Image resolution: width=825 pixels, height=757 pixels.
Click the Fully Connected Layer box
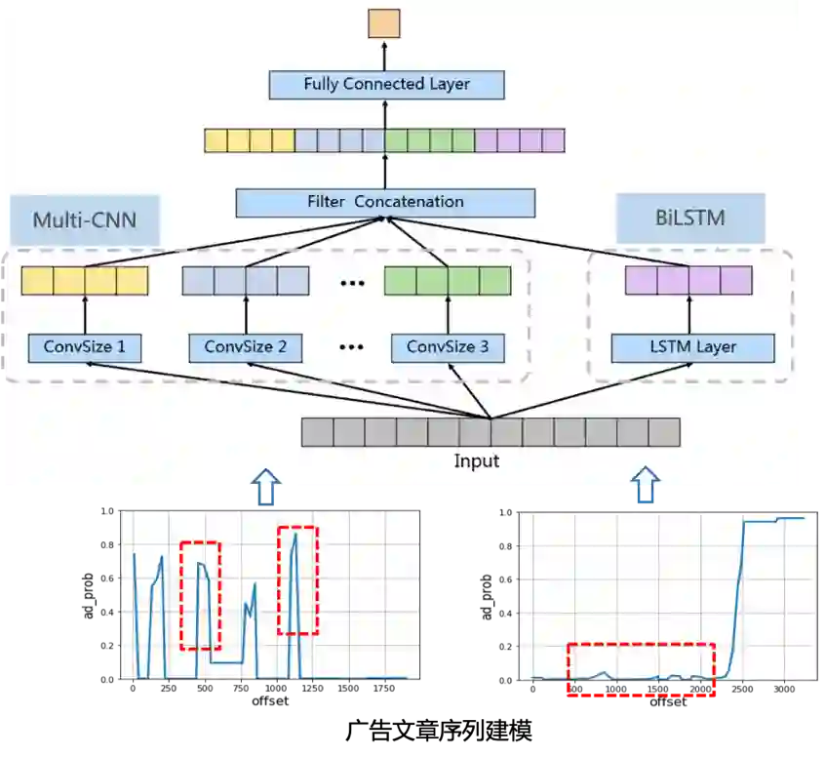click(386, 84)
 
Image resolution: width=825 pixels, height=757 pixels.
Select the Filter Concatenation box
click(385, 202)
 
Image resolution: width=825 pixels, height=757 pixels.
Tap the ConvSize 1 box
click(85, 347)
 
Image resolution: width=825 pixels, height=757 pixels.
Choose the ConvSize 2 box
click(246, 347)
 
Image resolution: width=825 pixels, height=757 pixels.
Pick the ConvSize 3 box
click(448, 347)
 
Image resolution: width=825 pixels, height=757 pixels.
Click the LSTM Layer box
click(692, 347)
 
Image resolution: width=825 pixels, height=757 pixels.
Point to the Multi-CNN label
click(84, 219)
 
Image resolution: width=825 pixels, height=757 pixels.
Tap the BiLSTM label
click(690, 218)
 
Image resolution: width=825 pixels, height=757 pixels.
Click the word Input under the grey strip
click(477, 460)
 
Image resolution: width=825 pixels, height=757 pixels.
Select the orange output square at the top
click(384, 22)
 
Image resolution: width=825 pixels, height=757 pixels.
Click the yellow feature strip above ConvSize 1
click(85, 281)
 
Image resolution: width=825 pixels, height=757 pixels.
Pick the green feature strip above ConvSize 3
click(448, 281)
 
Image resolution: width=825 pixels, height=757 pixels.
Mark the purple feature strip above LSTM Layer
click(688, 281)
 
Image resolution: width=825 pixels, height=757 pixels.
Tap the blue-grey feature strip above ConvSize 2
click(246, 281)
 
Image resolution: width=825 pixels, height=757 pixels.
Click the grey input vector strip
click(490, 432)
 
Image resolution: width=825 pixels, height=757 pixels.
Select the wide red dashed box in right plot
click(641, 669)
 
